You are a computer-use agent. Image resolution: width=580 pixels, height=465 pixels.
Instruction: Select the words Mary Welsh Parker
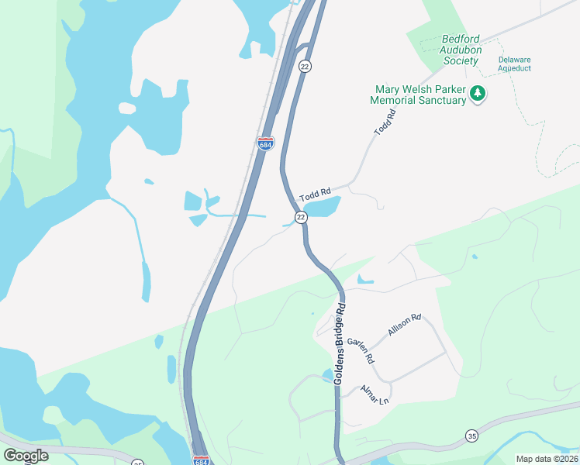pyautogui.click(x=419, y=89)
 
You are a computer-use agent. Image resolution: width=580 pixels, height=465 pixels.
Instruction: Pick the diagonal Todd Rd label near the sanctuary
pyautogui.click(x=385, y=123)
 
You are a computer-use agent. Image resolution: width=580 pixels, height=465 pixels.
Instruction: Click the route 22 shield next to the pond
pyautogui.click(x=301, y=217)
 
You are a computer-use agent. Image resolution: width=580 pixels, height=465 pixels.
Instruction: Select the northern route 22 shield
pyautogui.click(x=305, y=67)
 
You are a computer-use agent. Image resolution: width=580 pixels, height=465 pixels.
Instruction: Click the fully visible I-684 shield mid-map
pyautogui.click(x=264, y=143)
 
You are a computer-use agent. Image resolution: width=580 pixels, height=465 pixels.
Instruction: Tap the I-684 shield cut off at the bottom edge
pyautogui.click(x=201, y=460)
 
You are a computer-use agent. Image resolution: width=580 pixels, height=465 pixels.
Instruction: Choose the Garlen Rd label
pyautogui.click(x=361, y=350)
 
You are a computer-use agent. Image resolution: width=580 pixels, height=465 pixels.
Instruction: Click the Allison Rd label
pyautogui.click(x=404, y=325)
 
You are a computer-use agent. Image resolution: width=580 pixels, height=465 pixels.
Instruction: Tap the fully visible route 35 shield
pyautogui.click(x=472, y=437)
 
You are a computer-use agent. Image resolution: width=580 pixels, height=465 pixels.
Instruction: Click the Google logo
pyautogui.click(x=26, y=456)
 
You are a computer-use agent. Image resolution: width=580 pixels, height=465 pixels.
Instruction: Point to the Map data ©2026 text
pyautogui.click(x=547, y=459)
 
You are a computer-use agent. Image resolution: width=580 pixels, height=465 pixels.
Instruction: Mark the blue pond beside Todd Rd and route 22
pyautogui.click(x=325, y=207)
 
